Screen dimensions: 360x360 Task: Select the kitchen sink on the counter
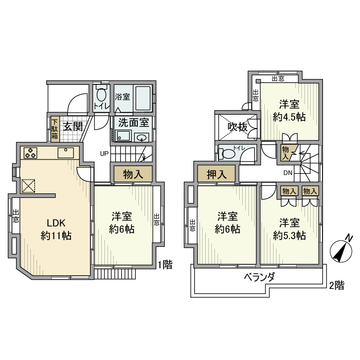tap(66, 152)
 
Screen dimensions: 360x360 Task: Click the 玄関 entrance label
tap(73, 127)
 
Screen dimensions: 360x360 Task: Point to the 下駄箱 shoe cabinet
tap(55, 130)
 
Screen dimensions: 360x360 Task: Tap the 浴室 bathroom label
tap(122, 97)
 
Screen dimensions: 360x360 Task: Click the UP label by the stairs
tap(104, 153)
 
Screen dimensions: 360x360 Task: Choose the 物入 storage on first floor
tap(132, 174)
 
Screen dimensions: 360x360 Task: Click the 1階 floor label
tap(165, 264)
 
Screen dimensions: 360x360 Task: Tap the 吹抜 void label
tap(238, 125)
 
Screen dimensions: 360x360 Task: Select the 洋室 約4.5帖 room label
tap(290, 110)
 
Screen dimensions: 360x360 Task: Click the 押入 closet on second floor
tap(217, 174)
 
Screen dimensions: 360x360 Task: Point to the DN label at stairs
tap(288, 173)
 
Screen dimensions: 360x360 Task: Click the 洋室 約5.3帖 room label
tap(290, 229)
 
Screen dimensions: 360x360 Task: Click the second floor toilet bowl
tap(227, 153)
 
